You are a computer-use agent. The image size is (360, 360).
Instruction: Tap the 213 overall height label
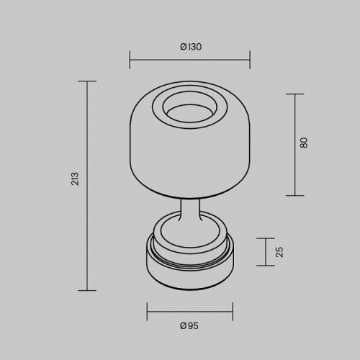point(74,180)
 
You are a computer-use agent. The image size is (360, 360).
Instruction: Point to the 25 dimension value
point(280,252)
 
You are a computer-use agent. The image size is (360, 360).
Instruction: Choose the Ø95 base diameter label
point(189,325)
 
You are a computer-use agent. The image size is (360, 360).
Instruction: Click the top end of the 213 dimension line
point(87,82)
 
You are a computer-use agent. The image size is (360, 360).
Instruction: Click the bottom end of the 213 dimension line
point(87,290)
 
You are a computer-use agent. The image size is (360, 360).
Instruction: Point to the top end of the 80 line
point(295,94)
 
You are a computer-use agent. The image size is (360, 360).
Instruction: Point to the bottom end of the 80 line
point(295,195)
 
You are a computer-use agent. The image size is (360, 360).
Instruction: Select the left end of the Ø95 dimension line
point(147,312)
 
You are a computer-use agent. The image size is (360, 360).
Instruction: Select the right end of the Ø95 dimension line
point(233,312)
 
